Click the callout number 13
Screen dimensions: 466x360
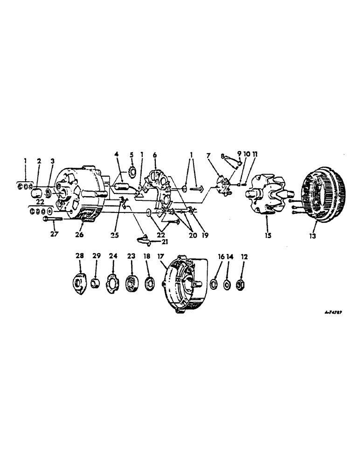[312, 236]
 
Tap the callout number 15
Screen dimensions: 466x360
[267, 236]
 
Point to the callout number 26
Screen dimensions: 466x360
[79, 234]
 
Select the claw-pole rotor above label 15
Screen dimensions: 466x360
[268, 196]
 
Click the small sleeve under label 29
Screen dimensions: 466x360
[96, 283]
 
